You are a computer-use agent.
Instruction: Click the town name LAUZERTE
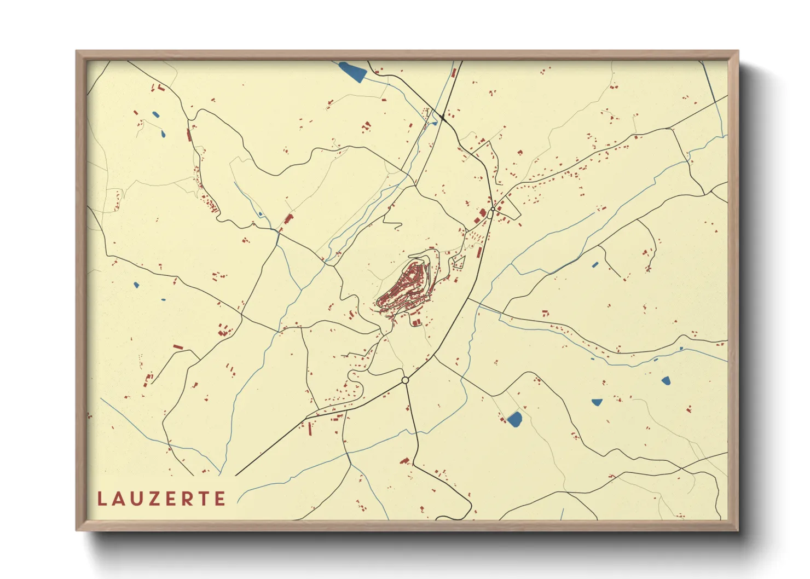[161, 499]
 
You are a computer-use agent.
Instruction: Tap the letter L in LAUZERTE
[102, 499]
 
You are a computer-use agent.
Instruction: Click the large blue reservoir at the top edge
[351, 72]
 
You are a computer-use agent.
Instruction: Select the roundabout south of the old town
[405, 380]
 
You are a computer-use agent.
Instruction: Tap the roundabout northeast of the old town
[493, 209]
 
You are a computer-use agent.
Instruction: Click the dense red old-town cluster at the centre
[405, 287]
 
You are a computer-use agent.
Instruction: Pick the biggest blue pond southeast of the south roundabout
[514, 419]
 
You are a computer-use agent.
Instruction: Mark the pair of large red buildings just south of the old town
[416, 322]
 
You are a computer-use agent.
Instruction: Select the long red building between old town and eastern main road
[479, 252]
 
